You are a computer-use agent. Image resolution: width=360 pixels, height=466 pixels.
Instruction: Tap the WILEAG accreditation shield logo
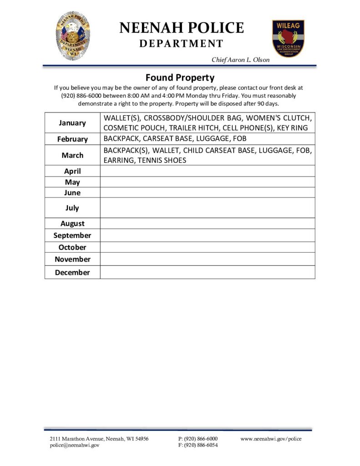(x=288, y=38)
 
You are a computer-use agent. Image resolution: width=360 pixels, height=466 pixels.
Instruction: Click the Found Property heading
(x=180, y=77)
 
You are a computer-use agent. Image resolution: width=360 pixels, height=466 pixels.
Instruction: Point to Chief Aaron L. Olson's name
(x=240, y=60)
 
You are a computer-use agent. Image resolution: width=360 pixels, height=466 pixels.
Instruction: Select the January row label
(x=72, y=123)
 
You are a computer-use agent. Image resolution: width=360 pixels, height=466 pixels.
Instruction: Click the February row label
(x=72, y=139)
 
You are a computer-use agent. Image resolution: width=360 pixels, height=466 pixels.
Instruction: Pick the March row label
(x=72, y=155)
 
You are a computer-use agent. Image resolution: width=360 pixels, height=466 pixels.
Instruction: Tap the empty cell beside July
(x=207, y=208)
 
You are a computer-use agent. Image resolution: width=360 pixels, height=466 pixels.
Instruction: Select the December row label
(x=72, y=273)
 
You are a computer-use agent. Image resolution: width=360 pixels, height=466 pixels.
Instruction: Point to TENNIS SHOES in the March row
(x=164, y=160)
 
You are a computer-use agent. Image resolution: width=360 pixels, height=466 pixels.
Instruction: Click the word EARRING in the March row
(x=118, y=160)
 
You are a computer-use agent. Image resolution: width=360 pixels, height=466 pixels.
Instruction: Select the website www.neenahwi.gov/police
(x=271, y=439)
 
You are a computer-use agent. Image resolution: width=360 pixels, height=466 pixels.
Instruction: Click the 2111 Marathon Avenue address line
(x=99, y=439)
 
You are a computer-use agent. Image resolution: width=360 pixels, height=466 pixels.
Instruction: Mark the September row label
(x=72, y=235)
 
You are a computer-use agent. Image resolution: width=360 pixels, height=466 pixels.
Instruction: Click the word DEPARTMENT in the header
(x=181, y=44)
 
